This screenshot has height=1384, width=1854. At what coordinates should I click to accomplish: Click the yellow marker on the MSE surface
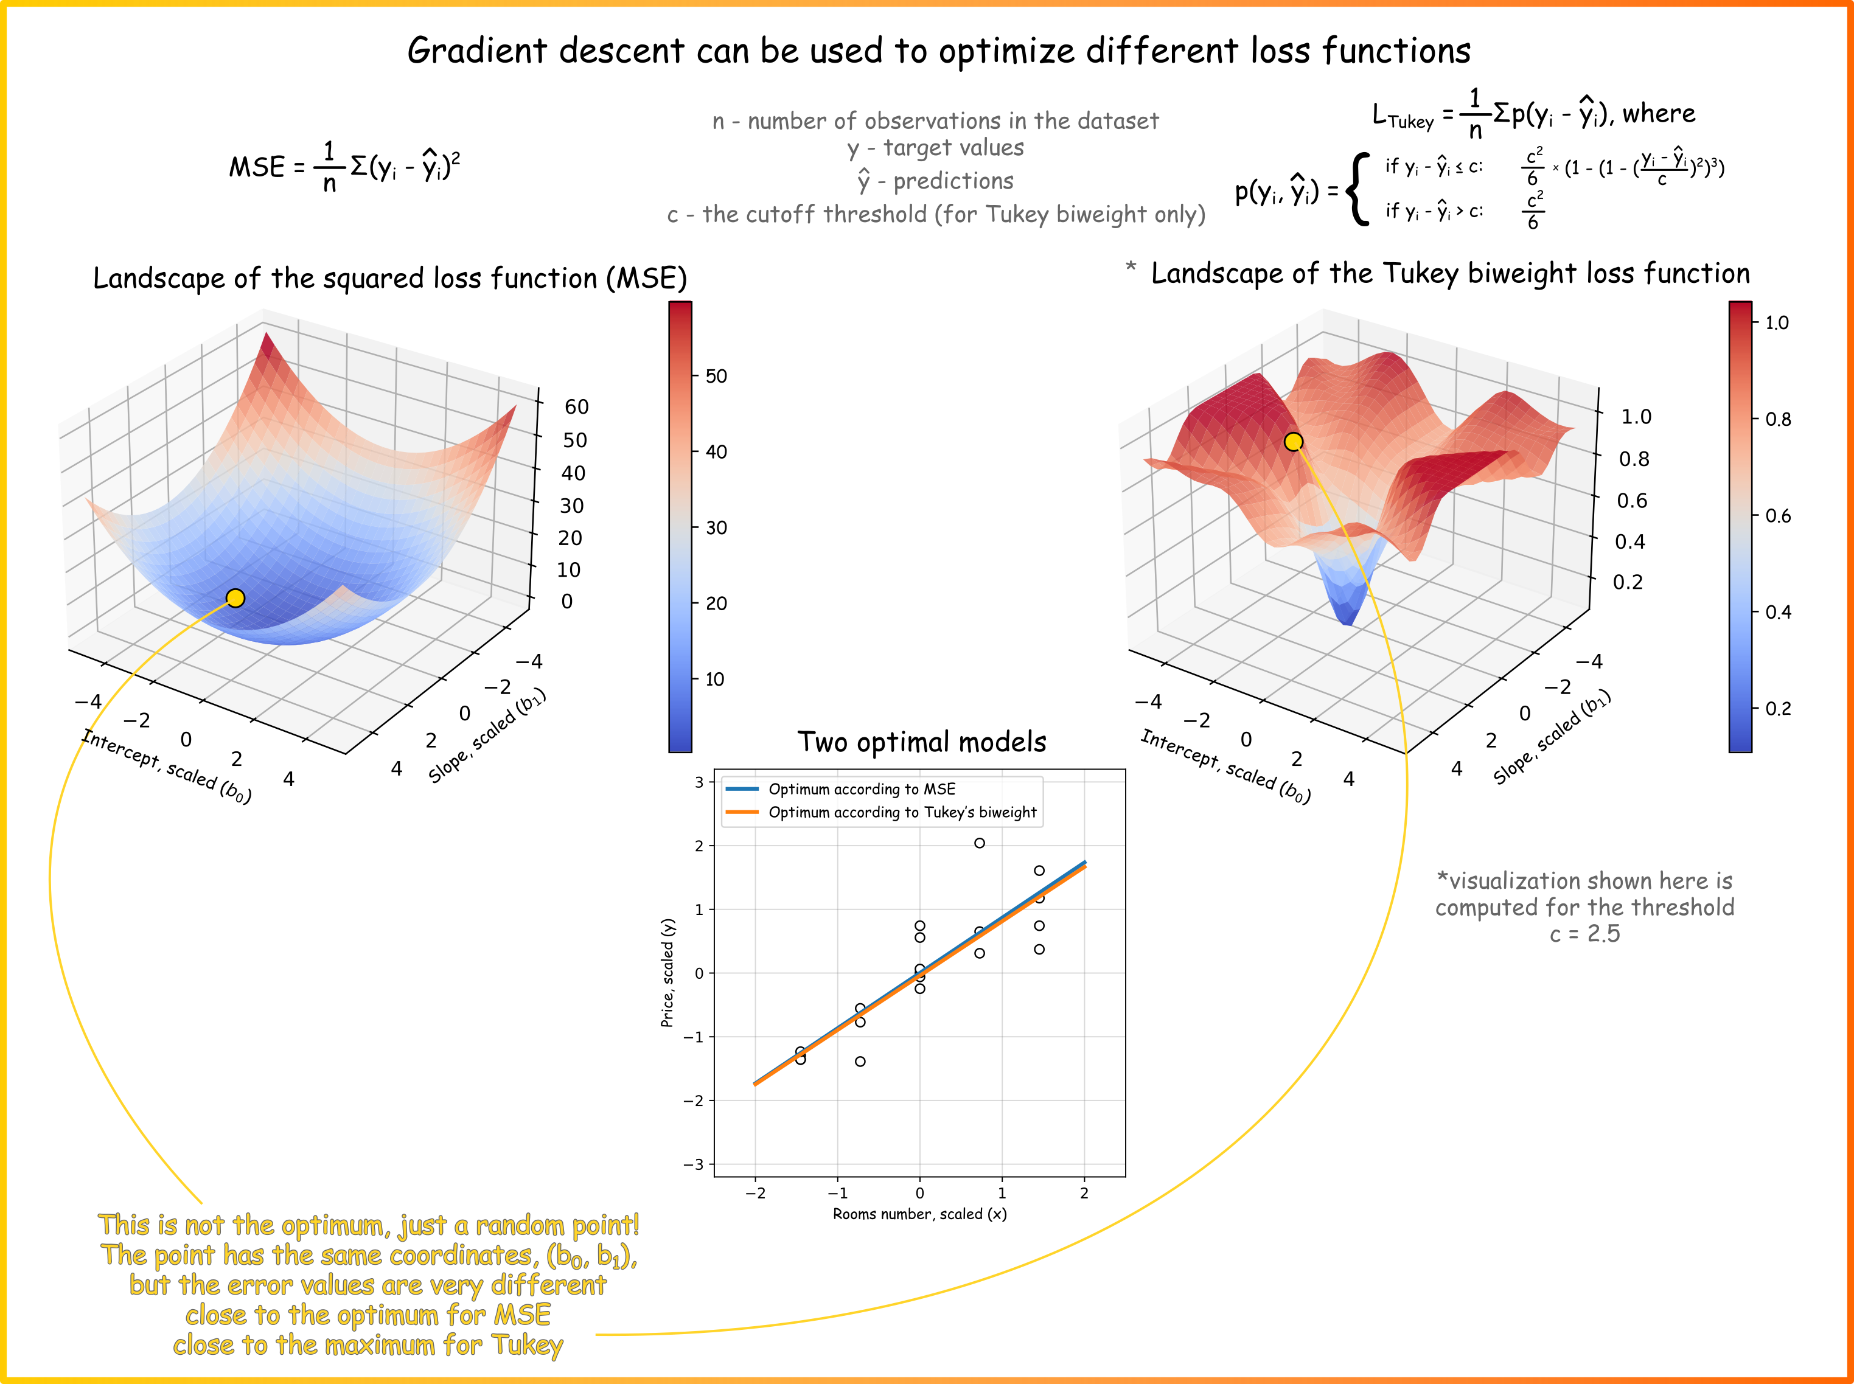coord(235,597)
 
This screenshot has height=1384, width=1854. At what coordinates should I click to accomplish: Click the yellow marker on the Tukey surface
coord(1294,442)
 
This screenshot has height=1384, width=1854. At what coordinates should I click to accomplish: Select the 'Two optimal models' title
coord(922,742)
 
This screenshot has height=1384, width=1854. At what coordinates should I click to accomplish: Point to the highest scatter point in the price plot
coord(980,843)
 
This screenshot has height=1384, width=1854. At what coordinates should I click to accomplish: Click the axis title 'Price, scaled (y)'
coord(667,973)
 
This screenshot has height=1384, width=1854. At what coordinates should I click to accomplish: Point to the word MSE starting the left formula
coord(257,167)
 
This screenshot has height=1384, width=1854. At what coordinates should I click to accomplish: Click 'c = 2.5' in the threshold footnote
coord(1584,933)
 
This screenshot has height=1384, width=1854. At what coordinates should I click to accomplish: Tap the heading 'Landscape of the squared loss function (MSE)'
coord(389,278)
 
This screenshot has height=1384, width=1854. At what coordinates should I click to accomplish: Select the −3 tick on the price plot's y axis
coord(695,1164)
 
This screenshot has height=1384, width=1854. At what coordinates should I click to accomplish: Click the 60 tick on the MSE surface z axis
coord(576,407)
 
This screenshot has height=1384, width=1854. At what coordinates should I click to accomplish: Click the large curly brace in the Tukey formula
coord(1358,189)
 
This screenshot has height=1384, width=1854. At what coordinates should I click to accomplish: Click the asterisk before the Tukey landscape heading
coord(1131,267)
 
